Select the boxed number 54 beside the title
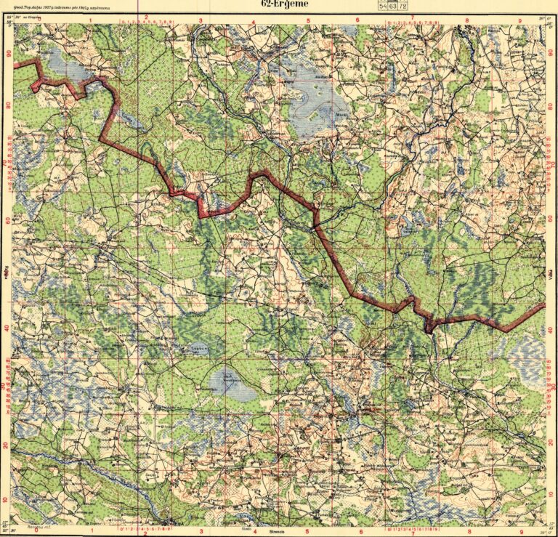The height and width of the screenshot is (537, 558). point(383,5)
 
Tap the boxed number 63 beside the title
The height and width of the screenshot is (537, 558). point(393,5)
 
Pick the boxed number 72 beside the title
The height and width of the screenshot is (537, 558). point(403,5)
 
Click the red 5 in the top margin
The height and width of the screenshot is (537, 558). point(309,20)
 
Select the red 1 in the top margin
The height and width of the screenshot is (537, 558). point(91,20)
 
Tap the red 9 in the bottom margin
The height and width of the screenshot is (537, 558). point(522,530)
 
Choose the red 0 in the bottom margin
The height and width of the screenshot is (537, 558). point(36,530)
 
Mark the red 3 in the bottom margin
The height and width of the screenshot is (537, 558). point(201,530)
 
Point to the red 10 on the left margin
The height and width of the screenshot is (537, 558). point(9,500)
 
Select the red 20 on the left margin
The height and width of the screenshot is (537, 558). point(9,445)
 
